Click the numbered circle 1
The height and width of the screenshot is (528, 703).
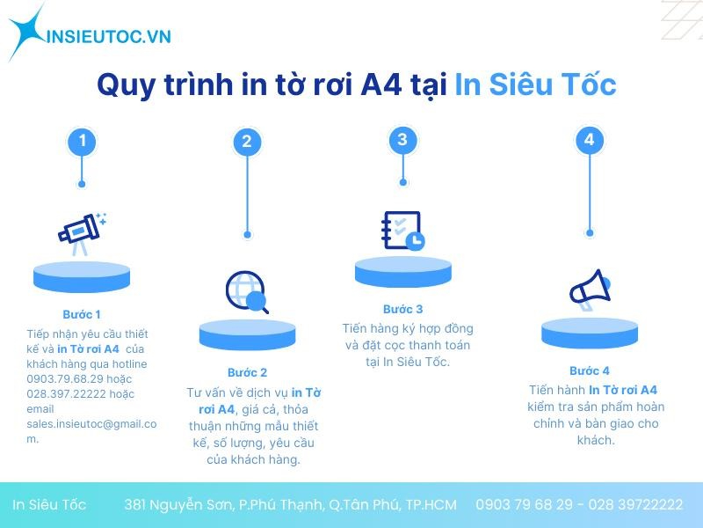click(82, 141)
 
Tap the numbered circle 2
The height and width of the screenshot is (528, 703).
click(247, 142)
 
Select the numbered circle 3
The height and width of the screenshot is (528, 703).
click(402, 139)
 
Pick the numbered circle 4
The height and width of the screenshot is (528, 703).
click(589, 139)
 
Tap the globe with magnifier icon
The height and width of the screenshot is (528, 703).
click(247, 291)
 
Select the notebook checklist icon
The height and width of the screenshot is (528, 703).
click(402, 231)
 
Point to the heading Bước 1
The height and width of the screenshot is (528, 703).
click(82, 314)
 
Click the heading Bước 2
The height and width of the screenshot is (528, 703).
click(247, 372)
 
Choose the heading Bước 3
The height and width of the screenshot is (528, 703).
click(402, 309)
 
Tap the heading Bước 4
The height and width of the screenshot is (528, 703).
click(589, 370)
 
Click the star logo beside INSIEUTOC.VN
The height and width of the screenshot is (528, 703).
click(26, 32)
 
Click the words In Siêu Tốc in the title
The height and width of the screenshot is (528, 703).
click(535, 85)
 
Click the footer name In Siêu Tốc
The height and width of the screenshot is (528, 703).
click(49, 505)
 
